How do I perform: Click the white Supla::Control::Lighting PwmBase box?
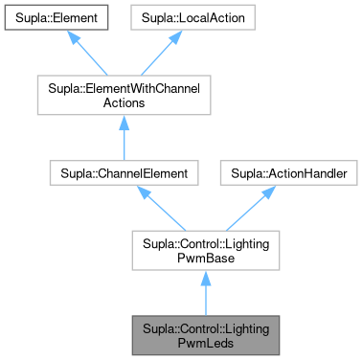(x=206, y=254)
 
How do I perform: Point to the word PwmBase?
(x=206, y=261)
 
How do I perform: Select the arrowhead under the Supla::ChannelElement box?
(x=144, y=193)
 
